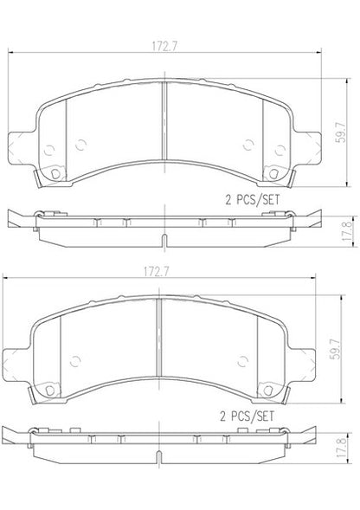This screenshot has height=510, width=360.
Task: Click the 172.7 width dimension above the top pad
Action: [164, 47]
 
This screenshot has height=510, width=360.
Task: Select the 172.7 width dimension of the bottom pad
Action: [157, 272]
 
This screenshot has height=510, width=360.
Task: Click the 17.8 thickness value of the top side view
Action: [347, 231]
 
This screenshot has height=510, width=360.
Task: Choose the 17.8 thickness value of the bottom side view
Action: [342, 448]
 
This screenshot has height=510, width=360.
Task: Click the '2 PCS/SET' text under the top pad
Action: [253, 200]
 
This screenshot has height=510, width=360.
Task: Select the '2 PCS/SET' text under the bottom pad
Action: [247, 416]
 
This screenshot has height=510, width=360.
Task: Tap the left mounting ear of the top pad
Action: [20, 148]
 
